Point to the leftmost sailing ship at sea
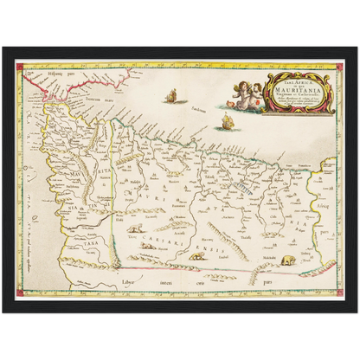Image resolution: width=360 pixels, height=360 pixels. tap(171, 95)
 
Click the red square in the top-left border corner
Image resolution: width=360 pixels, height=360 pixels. tap(20, 64)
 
